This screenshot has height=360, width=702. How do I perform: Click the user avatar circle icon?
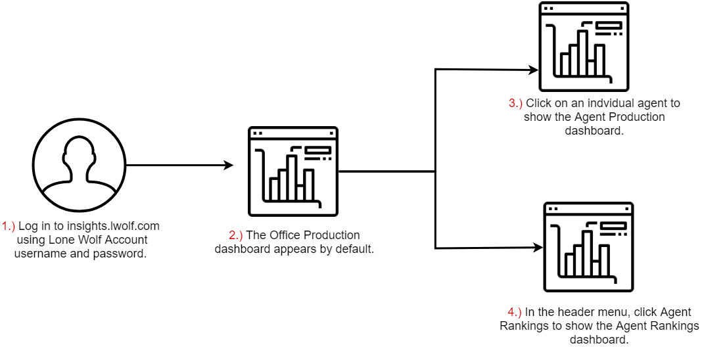coord(80,166)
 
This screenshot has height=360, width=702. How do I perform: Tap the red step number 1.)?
coord(9,227)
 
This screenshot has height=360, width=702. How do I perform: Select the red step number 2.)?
coord(236,235)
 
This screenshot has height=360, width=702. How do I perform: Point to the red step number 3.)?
coord(516,103)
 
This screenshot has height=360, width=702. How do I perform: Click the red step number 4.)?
coord(515,312)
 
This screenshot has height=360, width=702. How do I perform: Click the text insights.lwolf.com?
coord(112,227)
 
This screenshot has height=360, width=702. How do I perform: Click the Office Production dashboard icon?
coord(293,171)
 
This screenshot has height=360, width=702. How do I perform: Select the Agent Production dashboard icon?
coord(584,47)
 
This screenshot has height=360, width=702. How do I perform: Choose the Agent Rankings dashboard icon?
coord(588,247)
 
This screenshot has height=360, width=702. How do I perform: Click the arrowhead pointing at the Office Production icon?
coord(229,166)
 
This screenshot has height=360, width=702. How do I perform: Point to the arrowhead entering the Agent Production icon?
coord(534,69)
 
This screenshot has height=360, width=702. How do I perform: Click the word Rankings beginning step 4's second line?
coord(522,326)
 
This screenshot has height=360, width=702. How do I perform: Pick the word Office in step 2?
coord(285,235)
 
